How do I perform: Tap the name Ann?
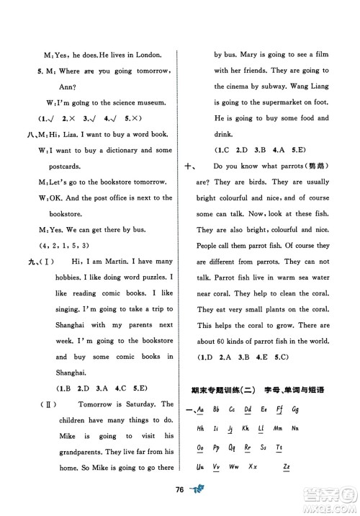[40, 86]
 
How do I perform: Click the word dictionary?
[123, 150]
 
